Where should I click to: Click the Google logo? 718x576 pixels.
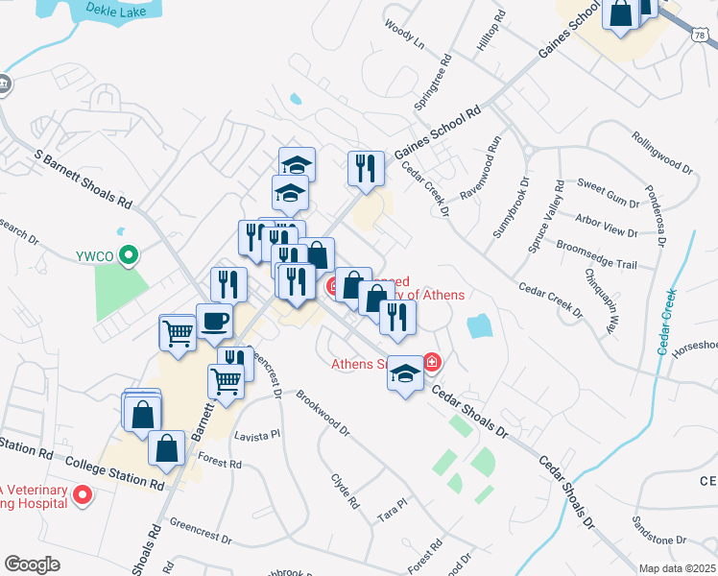tap(32, 564)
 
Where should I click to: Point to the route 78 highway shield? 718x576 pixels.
tap(703, 36)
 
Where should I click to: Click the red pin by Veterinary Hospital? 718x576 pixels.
tap(83, 496)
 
